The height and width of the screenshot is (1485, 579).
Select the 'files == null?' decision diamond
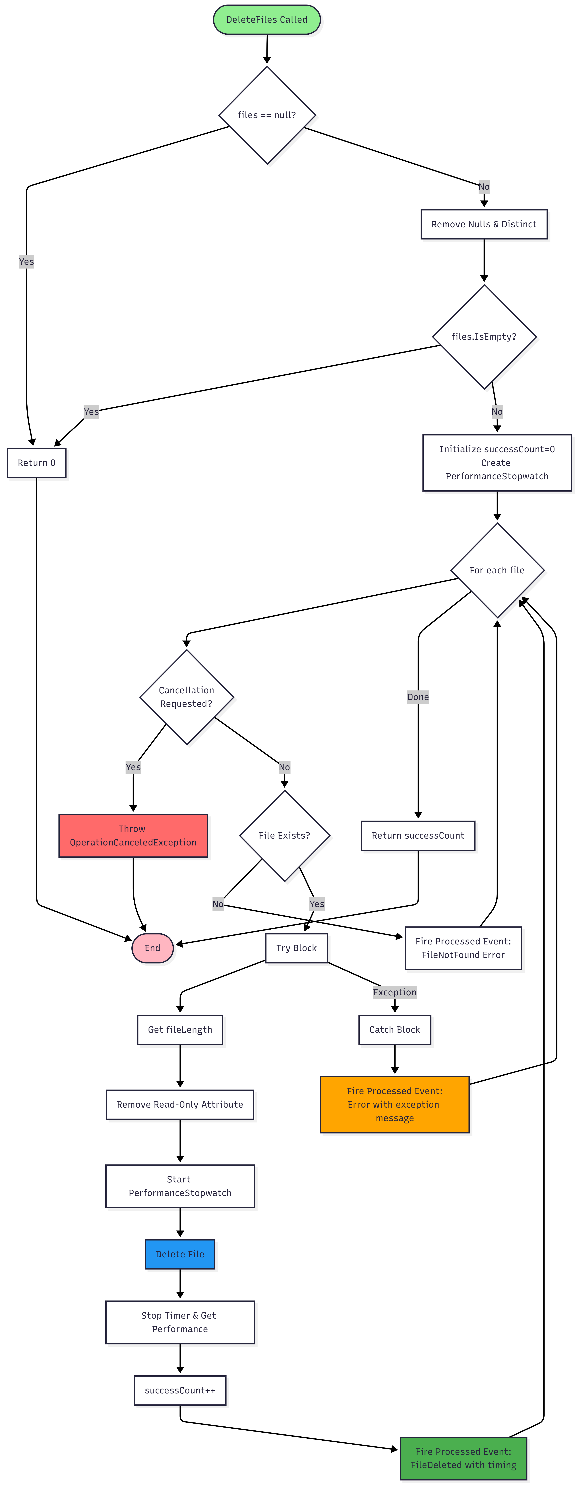click(x=267, y=115)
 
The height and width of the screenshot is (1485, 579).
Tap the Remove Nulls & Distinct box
click(x=484, y=224)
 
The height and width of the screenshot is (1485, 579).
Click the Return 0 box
click(x=36, y=463)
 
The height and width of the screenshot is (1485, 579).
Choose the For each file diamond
click(x=497, y=570)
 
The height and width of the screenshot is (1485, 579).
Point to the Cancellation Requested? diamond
click(x=186, y=697)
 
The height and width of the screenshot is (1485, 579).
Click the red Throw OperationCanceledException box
click(x=133, y=835)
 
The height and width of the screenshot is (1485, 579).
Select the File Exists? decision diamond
click(x=284, y=835)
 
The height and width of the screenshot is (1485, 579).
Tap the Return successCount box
click(x=418, y=835)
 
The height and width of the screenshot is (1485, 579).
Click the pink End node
click(x=152, y=948)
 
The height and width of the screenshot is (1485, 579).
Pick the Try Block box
click(x=296, y=948)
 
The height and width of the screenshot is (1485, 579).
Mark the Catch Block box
click(x=394, y=1030)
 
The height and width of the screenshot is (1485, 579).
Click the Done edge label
click(x=418, y=697)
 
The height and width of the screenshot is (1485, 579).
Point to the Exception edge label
click(x=394, y=992)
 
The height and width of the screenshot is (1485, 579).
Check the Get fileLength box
click(x=180, y=1030)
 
